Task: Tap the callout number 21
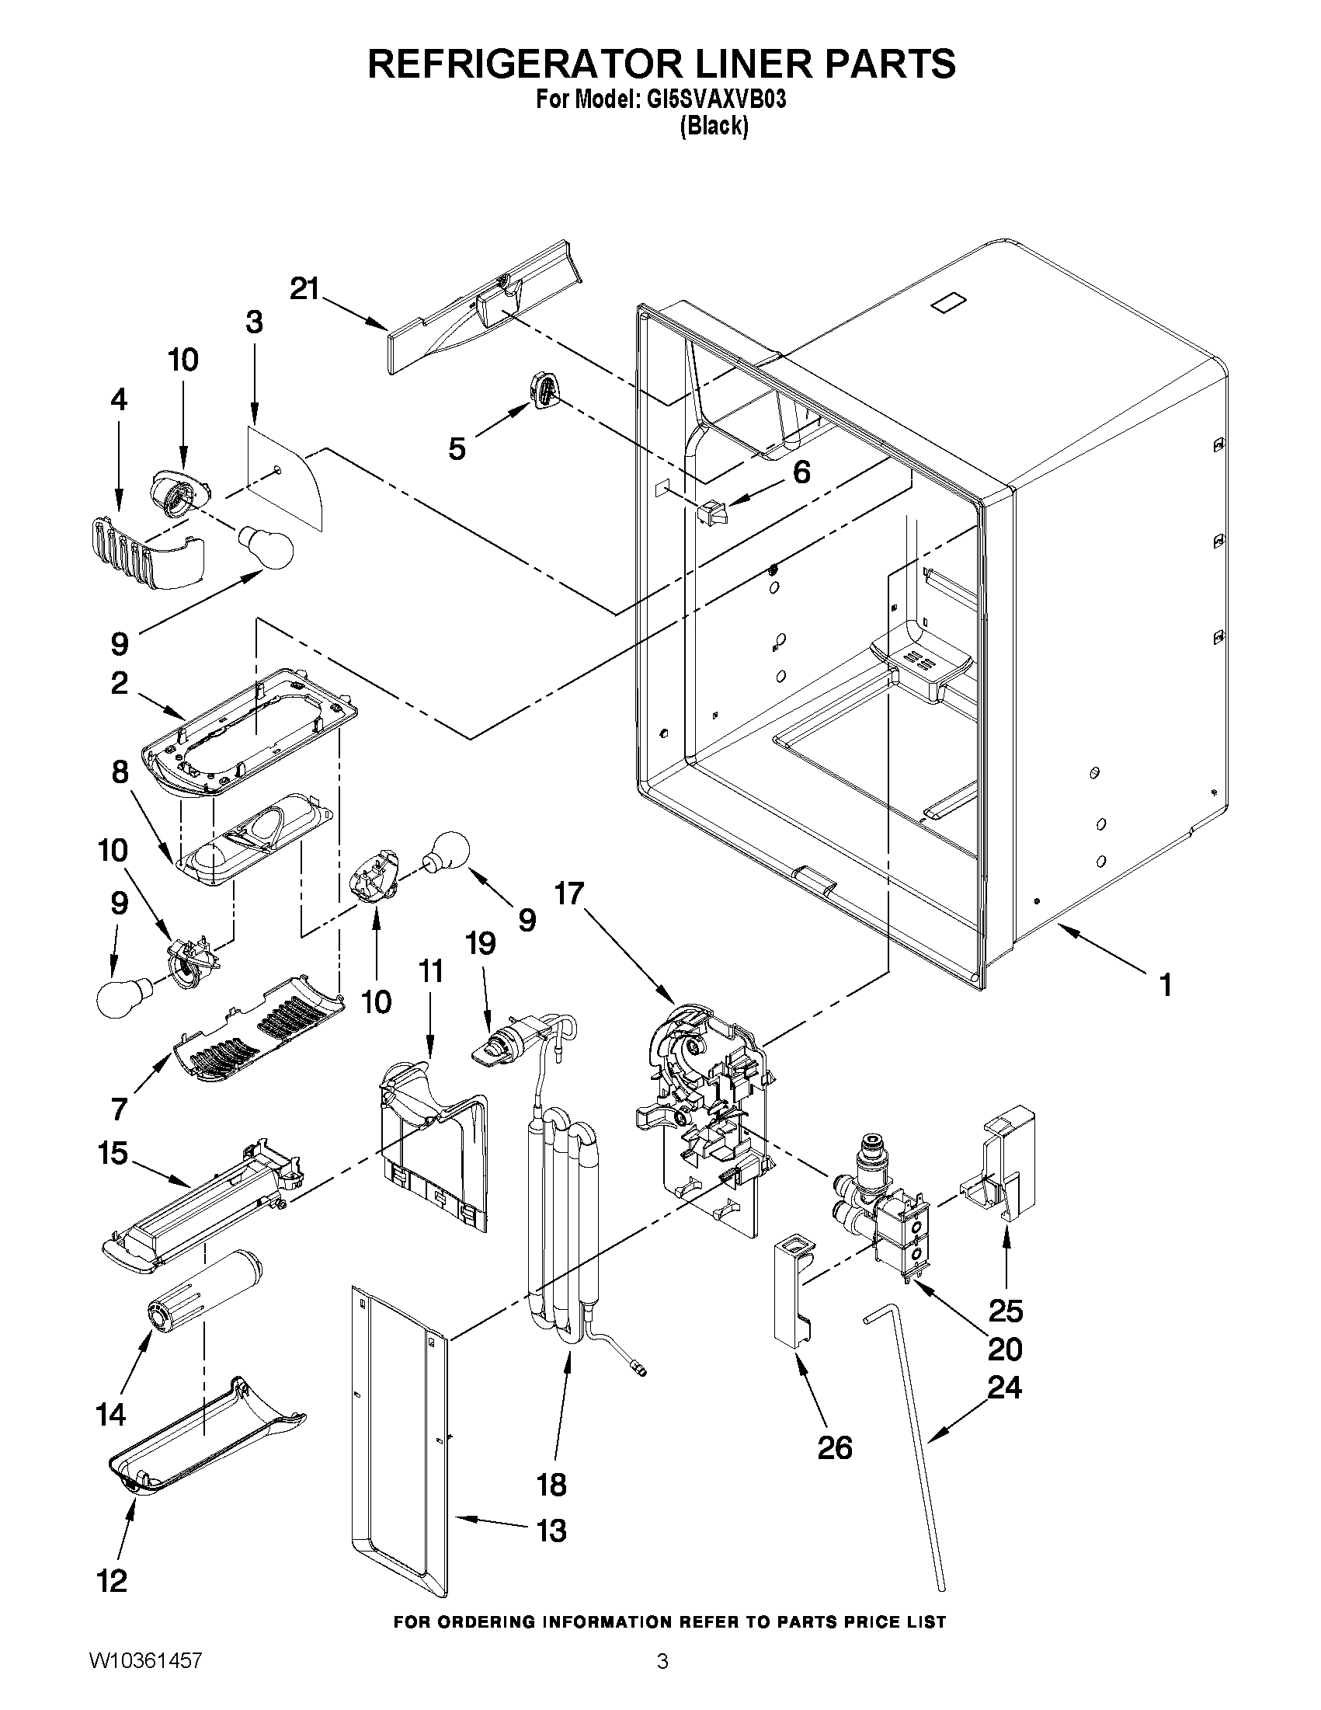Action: coord(304,289)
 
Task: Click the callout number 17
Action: coord(570,893)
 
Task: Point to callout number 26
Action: coord(834,1447)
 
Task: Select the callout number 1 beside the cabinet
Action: coord(1165,984)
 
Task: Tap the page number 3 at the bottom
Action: coord(662,1682)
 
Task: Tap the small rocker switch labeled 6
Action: coord(712,513)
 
